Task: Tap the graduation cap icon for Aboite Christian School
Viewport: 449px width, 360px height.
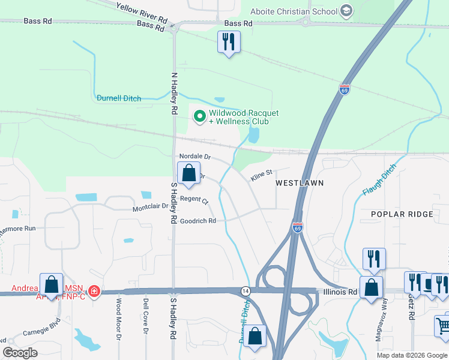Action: click(x=346, y=11)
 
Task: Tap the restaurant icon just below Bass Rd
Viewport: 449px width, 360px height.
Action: click(x=228, y=42)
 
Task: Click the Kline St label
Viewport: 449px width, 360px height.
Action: click(x=262, y=173)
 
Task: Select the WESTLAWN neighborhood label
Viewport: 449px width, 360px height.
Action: click(x=300, y=182)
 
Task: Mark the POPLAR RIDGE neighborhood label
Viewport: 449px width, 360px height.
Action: click(x=402, y=214)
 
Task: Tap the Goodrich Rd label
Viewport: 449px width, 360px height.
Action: click(x=197, y=221)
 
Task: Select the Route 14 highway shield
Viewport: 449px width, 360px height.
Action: click(x=245, y=290)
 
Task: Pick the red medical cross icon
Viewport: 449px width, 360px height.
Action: click(x=94, y=292)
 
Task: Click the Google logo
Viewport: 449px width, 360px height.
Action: click(x=20, y=352)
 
